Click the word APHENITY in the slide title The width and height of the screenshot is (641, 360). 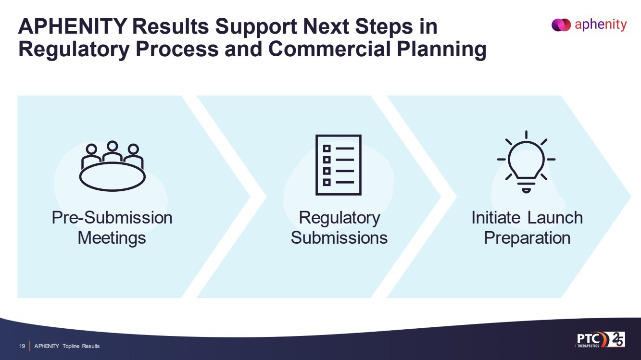point(67,26)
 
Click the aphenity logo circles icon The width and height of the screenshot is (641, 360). point(561,25)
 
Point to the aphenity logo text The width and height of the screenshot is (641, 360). point(601,25)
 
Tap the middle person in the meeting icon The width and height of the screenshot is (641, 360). point(113,150)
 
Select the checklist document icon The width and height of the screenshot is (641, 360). point(338,165)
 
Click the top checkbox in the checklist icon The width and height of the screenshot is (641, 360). point(327,148)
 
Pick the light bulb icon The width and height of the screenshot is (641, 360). point(526,161)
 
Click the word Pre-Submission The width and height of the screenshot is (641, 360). point(112,218)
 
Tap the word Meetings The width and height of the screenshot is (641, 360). point(112,238)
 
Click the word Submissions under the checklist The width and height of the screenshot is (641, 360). point(339,238)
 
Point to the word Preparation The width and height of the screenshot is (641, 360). point(527,238)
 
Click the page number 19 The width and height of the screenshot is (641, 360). point(22,346)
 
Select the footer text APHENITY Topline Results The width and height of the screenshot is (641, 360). point(67,346)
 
